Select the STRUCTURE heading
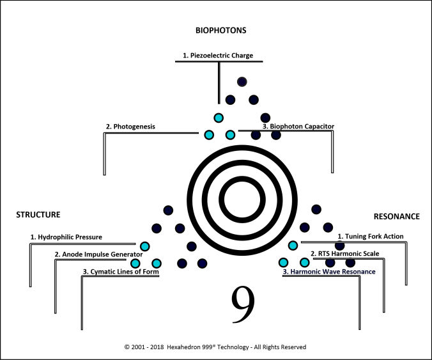point(38,215)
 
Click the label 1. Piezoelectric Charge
point(218,56)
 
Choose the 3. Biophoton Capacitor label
point(298,127)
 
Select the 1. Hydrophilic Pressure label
point(66,237)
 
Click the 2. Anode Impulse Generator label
point(98,254)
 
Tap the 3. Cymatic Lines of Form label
point(120,272)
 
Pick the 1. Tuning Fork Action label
point(371,236)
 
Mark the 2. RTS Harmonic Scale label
point(344,254)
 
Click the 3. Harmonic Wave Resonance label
point(329,272)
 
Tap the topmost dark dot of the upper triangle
point(242,81)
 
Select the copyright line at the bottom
point(215,347)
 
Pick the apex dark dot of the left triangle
point(169,210)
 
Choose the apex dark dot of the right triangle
point(316,210)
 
